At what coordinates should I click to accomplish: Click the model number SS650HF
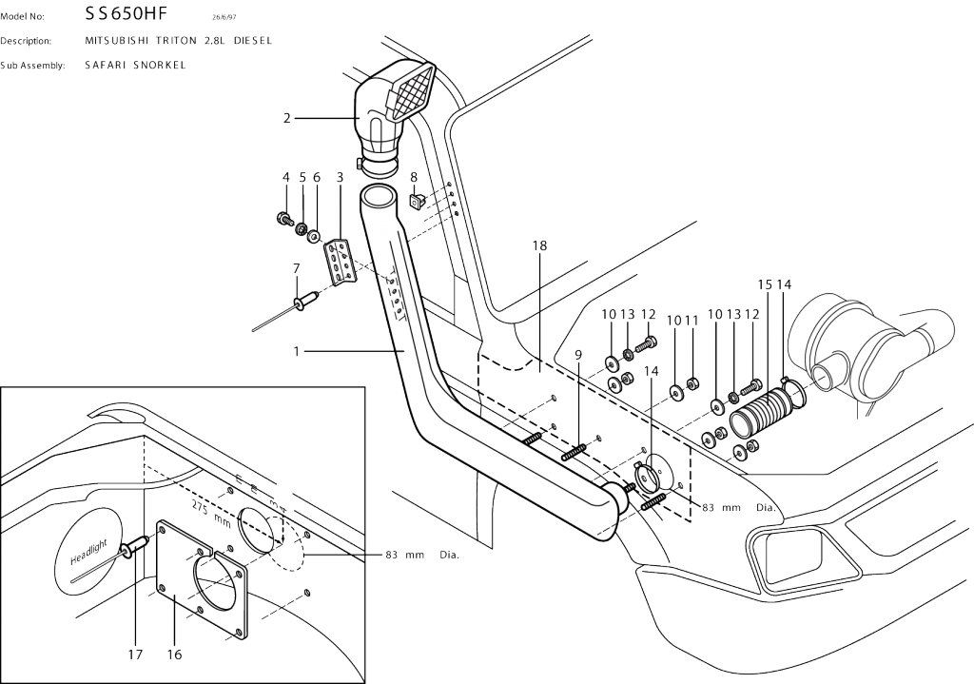pyautogui.click(x=127, y=13)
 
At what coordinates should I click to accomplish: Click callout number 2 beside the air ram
pyautogui.click(x=287, y=117)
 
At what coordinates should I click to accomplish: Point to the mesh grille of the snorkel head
pyautogui.click(x=413, y=93)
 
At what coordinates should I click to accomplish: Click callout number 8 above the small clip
pyautogui.click(x=414, y=177)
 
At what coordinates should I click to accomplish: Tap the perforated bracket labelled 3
pyautogui.click(x=340, y=262)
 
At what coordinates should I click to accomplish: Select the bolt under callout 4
pyautogui.click(x=284, y=218)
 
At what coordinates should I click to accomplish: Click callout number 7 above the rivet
pyautogui.click(x=297, y=268)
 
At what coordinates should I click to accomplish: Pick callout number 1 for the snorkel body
pyautogui.click(x=297, y=352)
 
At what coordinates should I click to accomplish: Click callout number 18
pyautogui.click(x=539, y=245)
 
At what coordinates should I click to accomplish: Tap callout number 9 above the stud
pyautogui.click(x=577, y=355)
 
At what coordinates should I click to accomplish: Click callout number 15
pyautogui.click(x=765, y=284)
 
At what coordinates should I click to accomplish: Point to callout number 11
pyautogui.click(x=692, y=321)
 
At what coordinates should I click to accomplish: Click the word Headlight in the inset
pyautogui.click(x=88, y=551)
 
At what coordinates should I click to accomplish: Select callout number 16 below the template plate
pyautogui.click(x=175, y=655)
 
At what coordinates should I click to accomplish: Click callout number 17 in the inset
pyautogui.click(x=135, y=655)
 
